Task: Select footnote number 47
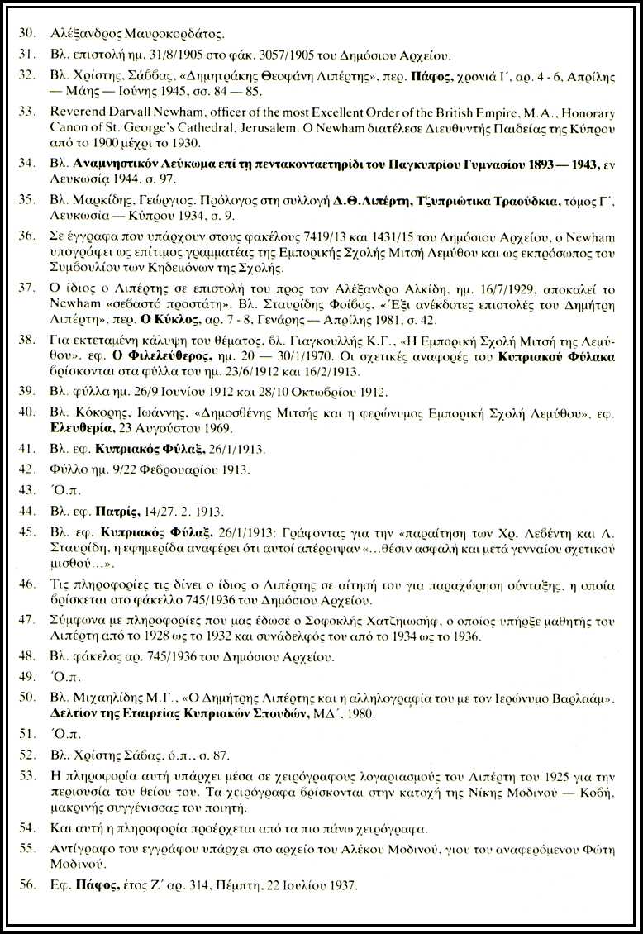click(x=26, y=619)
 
